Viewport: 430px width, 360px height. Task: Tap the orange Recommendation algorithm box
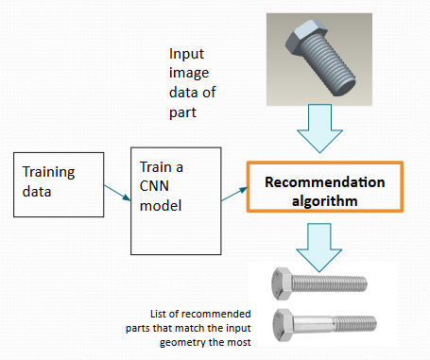[x=325, y=191]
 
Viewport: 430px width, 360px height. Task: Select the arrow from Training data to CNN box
[x=114, y=192]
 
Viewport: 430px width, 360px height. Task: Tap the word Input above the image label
[x=185, y=55]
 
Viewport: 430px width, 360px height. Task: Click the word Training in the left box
[x=49, y=173]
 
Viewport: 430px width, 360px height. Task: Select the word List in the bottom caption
[x=160, y=315]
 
